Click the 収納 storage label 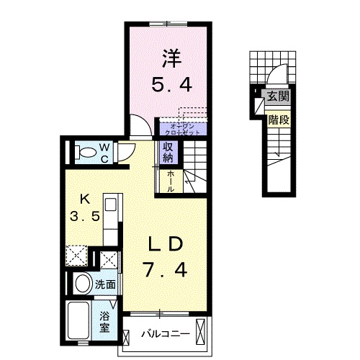coord(167,152)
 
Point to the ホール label coord(170,180)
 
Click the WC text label coord(104,152)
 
